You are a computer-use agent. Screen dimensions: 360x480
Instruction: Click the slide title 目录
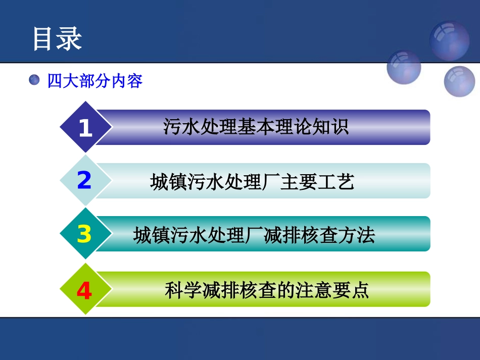(x=57, y=39)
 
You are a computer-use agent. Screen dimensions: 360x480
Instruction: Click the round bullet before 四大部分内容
(x=34, y=80)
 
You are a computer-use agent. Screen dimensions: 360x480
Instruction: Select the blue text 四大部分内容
(x=94, y=81)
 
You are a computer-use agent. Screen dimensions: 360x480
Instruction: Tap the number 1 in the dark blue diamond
(x=85, y=128)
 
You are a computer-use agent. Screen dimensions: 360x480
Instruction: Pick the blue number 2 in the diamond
(x=84, y=181)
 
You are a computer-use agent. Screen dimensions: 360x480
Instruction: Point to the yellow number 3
(x=84, y=234)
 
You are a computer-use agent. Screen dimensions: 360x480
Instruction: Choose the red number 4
(x=84, y=291)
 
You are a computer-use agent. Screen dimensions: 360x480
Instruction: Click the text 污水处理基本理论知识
(x=256, y=127)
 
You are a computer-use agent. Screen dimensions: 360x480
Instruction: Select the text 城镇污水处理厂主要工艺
(x=252, y=182)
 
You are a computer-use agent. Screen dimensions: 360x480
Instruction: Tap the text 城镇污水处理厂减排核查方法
(x=254, y=235)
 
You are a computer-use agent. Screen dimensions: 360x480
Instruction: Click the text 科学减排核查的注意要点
(x=267, y=290)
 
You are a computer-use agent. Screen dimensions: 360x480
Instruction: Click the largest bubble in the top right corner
(x=449, y=40)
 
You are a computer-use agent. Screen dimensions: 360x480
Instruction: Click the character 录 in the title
(x=69, y=39)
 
